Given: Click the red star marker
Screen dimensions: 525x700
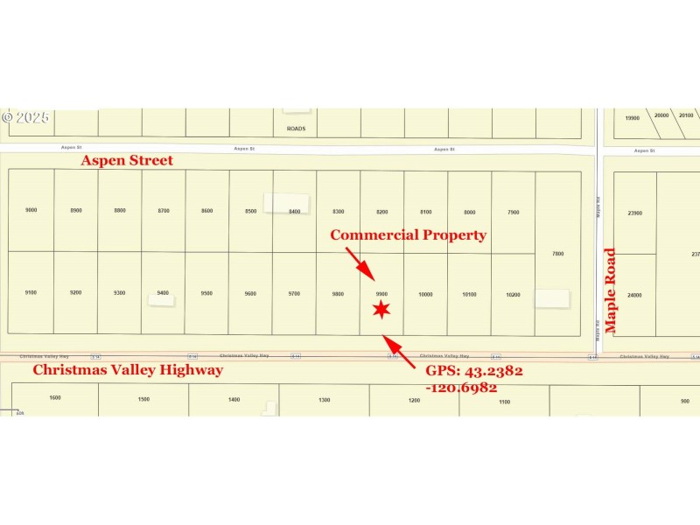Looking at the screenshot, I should click(x=381, y=309).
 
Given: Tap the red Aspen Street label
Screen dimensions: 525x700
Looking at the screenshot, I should click(x=127, y=160).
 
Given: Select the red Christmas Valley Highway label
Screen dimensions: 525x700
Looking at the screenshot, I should click(x=128, y=370).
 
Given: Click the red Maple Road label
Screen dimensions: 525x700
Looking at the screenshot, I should click(x=611, y=291).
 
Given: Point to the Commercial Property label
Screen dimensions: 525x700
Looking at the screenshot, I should click(x=408, y=234).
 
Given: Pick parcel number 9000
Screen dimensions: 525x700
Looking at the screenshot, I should click(x=31, y=211).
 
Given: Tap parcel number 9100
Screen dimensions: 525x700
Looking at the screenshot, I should click(x=31, y=292).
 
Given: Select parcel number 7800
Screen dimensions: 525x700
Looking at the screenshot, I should click(x=558, y=253).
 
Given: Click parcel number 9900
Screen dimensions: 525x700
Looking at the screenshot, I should click(x=381, y=294).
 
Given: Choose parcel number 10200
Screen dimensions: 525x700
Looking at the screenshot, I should click(x=514, y=294).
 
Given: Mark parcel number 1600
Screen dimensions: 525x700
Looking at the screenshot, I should click(x=55, y=398).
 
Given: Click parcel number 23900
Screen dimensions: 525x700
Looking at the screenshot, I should click(x=634, y=213).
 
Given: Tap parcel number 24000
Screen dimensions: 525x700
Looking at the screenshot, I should click(x=634, y=295).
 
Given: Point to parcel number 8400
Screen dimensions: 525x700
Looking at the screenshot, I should click(x=295, y=211).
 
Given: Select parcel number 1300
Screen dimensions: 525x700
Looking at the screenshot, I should click(x=325, y=400).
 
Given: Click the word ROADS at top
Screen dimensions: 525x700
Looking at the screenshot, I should click(x=296, y=129).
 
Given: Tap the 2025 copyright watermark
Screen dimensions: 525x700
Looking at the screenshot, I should click(x=26, y=116).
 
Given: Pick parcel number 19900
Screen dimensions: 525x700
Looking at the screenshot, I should click(x=632, y=117).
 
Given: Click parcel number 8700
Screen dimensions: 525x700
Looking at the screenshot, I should click(x=164, y=211).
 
